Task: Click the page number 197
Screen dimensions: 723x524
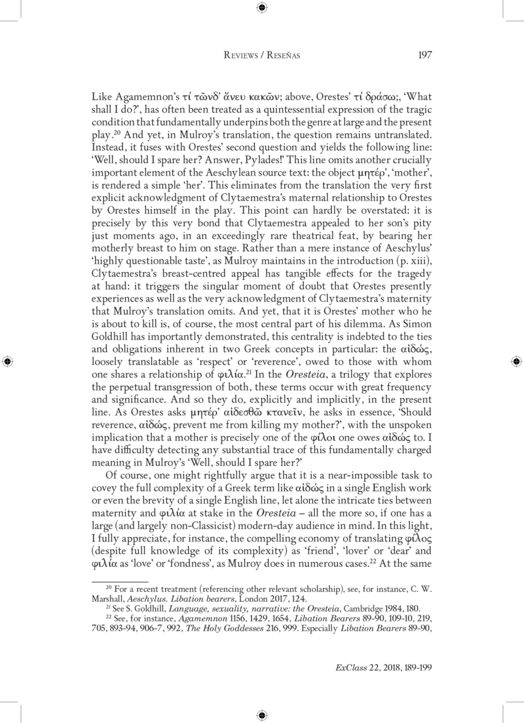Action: coord(424,55)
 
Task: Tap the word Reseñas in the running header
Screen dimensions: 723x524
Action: coord(281,56)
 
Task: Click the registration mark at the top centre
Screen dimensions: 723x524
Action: coord(262,8)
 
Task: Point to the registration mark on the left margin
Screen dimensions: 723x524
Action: coord(7,361)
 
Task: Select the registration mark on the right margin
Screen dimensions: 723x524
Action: coord(516,361)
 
